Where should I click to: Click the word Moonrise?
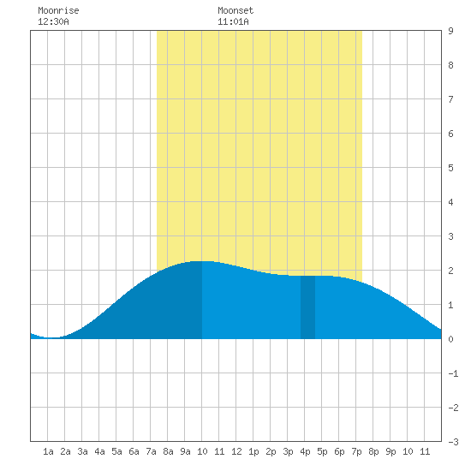[58, 10]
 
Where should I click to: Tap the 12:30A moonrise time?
[53, 21]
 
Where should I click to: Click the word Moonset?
[235, 10]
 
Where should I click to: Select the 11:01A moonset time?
[233, 21]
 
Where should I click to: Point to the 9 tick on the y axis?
[450, 31]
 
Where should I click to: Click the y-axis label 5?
[450, 168]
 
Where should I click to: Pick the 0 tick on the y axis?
[450, 339]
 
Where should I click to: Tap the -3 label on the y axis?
[453, 442]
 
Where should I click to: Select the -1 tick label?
[453, 373]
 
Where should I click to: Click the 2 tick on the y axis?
[450, 271]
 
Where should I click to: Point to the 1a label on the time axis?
[48, 451]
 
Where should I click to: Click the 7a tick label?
[151, 451]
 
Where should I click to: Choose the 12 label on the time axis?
[236, 451]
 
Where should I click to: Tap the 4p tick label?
[305, 451]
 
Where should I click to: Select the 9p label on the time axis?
[391, 451]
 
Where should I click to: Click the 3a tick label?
[82, 451]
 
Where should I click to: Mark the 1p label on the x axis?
[253, 451]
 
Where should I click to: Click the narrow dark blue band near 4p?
[308, 307]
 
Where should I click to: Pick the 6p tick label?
[339, 451]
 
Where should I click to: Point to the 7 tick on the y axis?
[450, 99]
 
